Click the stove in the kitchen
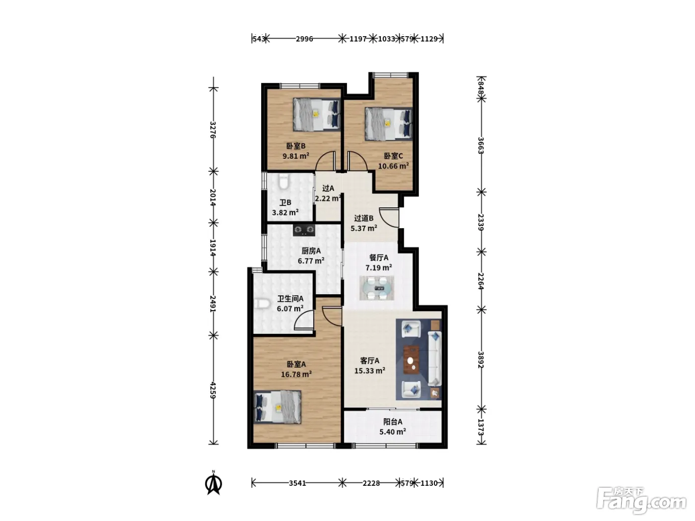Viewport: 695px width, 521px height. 304,230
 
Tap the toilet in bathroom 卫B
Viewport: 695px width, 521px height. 283,182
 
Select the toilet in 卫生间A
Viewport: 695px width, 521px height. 261,304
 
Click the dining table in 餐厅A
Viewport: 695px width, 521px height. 377,288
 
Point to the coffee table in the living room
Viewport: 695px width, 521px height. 412,360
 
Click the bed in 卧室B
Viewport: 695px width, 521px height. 316,114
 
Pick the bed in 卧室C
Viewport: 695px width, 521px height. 389,124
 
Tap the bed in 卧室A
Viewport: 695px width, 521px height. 278,407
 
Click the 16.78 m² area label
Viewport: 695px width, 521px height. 296,375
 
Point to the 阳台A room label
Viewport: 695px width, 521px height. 393,422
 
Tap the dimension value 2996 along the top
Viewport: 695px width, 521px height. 304,39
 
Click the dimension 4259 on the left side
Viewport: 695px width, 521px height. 213,390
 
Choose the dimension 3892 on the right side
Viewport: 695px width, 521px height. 481,360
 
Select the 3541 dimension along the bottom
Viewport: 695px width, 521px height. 297,483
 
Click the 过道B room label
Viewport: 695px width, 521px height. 363,218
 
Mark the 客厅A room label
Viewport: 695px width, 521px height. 369,361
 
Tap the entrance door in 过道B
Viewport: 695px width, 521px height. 389,217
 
